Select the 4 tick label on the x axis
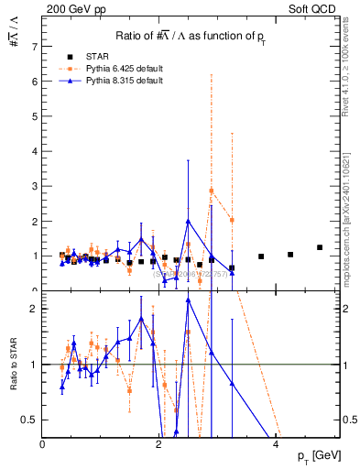276,444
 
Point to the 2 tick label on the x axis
159,444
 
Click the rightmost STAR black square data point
320,247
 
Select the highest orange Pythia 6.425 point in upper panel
212,191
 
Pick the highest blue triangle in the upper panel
188,221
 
